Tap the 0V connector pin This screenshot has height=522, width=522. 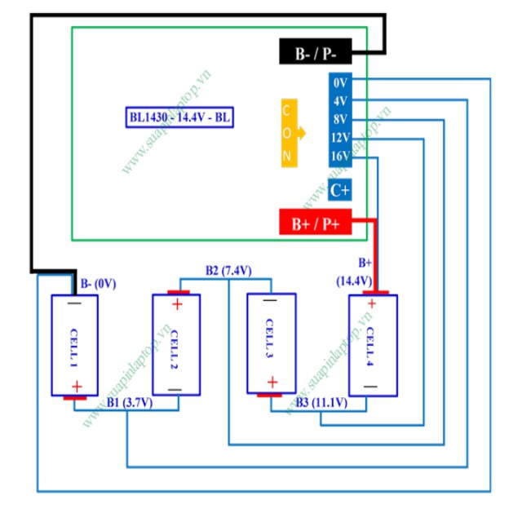[x=341, y=83]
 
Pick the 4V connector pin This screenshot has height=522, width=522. [x=341, y=101]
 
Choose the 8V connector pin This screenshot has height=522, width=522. [x=341, y=119]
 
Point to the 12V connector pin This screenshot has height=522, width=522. [x=341, y=137]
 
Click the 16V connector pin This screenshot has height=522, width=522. [x=341, y=156]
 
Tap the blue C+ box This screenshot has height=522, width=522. [x=340, y=190]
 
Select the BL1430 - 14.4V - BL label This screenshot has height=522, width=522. [x=179, y=117]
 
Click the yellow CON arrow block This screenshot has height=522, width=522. [x=290, y=133]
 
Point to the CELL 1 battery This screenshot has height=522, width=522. [x=75, y=346]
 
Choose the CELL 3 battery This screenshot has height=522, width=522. [x=272, y=343]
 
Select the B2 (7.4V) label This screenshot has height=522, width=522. [x=228, y=271]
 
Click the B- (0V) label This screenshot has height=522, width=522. [x=99, y=284]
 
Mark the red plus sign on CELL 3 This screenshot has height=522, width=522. [x=272, y=382]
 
